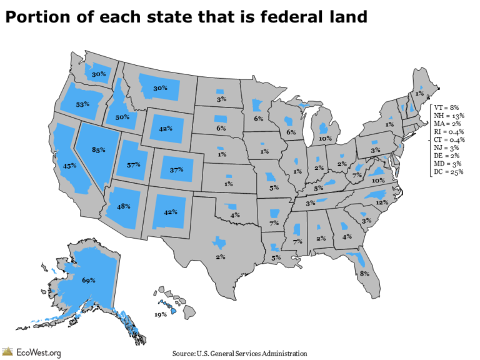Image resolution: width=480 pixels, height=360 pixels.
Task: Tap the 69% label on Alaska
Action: pos(89,281)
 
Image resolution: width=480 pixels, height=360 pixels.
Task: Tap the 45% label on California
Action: pos(69,166)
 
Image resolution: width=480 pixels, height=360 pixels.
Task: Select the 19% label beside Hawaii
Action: pos(160,314)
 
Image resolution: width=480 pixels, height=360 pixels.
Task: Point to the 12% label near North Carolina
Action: pos(382,202)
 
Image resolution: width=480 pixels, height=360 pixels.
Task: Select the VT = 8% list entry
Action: pos(447,107)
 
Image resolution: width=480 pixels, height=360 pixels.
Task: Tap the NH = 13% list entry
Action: pos(449,116)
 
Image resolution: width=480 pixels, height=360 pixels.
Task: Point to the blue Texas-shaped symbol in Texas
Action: pos(219,242)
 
